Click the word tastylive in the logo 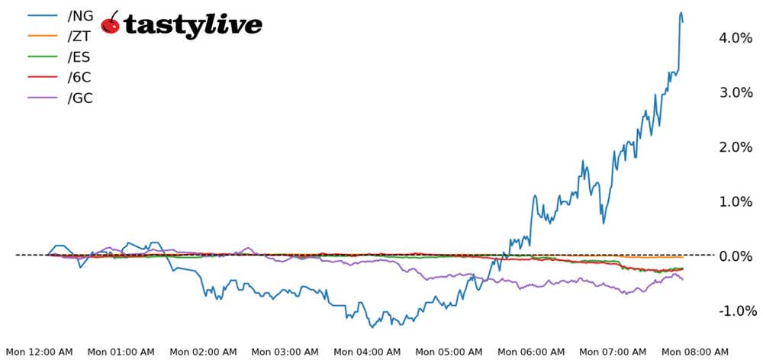point(192,25)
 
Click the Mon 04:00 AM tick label point(367,352)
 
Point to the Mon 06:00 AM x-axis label point(531,352)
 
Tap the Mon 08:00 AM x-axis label point(695,352)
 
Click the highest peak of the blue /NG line point(681,12)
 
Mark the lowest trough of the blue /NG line point(372,327)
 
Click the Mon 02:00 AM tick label point(203,352)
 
